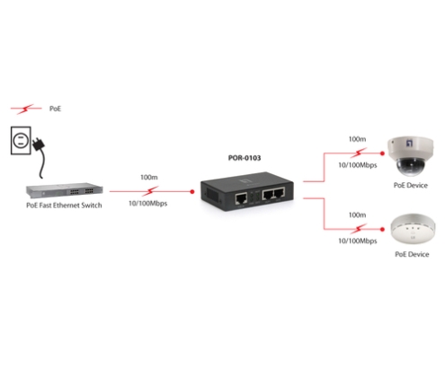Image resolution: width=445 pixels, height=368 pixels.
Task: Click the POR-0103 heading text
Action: (x=245, y=158)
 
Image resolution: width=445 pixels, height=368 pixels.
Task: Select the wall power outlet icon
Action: (x=21, y=140)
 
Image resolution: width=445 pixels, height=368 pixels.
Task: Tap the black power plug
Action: (x=39, y=145)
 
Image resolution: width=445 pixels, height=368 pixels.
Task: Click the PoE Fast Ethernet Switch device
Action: (x=65, y=190)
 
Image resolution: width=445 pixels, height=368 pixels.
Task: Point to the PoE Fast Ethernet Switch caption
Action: (x=64, y=206)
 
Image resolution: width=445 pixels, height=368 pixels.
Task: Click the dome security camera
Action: (x=410, y=156)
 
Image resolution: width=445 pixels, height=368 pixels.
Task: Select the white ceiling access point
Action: (x=413, y=229)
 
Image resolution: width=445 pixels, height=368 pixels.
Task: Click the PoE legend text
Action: (x=55, y=109)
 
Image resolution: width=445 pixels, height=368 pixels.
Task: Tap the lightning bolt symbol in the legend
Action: (x=25, y=109)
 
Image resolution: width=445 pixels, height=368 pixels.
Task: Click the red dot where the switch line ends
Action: (x=192, y=191)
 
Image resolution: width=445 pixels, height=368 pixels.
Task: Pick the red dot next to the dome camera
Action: (x=382, y=153)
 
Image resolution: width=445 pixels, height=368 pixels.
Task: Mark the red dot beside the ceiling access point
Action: (x=382, y=229)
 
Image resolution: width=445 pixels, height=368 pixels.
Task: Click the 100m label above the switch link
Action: (x=149, y=177)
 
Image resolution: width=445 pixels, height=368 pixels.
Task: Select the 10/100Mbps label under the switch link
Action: (x=148, y=204)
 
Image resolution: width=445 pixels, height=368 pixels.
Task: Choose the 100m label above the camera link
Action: (x=357, y=139)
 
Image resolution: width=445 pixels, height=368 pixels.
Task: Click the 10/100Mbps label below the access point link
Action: (x=358, y=241)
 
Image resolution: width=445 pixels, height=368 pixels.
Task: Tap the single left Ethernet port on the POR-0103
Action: (x=241, y=198)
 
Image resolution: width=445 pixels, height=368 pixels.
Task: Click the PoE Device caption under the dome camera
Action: (x=411, y=185)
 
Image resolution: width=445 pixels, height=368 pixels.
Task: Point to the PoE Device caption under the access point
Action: (x=412, y=254)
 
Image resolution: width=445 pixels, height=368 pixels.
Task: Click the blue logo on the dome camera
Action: (x=410, y=143)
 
